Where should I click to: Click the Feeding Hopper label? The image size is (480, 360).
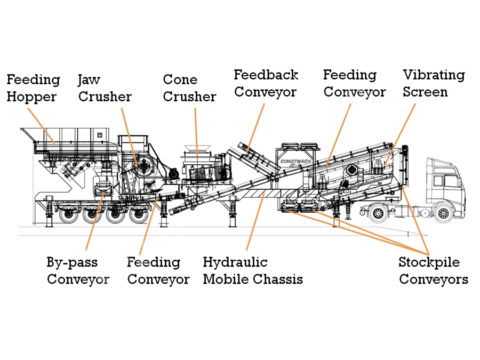33,88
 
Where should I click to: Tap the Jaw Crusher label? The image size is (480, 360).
105,88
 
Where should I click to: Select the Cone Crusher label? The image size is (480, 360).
189,88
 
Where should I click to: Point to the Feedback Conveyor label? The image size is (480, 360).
266,84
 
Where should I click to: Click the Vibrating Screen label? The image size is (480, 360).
434,84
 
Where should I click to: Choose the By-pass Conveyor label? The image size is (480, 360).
78,270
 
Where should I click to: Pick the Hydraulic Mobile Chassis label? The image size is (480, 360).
253,270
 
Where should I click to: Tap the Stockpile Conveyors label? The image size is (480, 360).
434,270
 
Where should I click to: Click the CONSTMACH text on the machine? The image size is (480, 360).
295,161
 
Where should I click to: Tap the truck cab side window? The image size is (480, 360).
451,181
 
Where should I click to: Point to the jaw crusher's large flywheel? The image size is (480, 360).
144,166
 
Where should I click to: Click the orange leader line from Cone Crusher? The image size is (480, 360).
196,132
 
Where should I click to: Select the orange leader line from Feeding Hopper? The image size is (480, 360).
41,125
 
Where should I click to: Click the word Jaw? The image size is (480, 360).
89,80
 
